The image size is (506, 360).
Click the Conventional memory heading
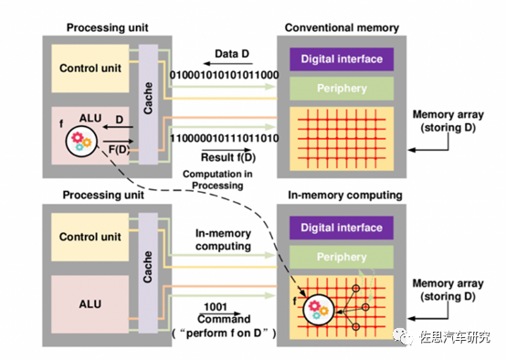[341, 27]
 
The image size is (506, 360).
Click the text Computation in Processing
[217, 178]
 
